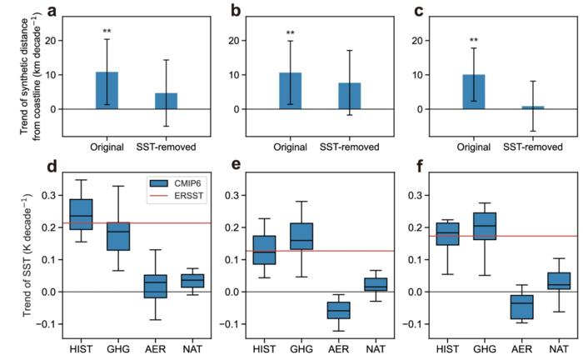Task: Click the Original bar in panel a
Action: [x=107, y=90]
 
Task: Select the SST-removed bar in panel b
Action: [x=350, y=96]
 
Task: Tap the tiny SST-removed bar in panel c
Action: [x=533, y=107]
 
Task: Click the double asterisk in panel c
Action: [x=474, y=40]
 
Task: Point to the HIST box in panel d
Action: [x=81, y=214]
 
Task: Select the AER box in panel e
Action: [x=338, y=310]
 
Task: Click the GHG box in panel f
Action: [x=485, y=226]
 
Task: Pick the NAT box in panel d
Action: [x=192, y=281]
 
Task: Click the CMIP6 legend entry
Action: [x=177, y=183]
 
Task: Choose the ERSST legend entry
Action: [x=177, y=196]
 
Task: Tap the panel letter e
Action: [x=236, y=166]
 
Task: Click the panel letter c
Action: [x=419, y=11]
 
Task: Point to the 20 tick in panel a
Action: [x=52, y=41]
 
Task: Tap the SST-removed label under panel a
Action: [x=166, y=147]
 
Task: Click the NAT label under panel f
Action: [x=559, y=349]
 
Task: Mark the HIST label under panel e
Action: [x=264, y=349]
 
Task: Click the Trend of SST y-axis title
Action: [x=27, y=255]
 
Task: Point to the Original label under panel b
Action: [x=291, y=147]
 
